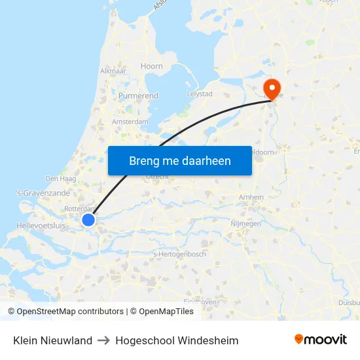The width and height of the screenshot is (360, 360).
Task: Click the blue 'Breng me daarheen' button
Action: pos(180,160)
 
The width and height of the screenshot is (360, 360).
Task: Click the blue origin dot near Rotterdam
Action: pos(88,221)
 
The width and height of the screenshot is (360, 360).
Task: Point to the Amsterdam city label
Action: pos(130,122)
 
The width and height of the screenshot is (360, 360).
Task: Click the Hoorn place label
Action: pos(152,66)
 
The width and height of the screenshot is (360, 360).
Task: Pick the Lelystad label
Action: pos(200,94)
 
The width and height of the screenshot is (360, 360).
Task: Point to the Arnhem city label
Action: pos(252,197)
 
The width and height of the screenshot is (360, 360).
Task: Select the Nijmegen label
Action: pos(246,223)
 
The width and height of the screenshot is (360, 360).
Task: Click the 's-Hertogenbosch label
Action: pos(179,254)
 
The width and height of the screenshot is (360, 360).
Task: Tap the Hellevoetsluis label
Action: pos(41,225)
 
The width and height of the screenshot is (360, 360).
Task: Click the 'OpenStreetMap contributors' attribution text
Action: pos(70,312)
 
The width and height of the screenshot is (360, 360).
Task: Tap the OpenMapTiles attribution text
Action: pos(166,312)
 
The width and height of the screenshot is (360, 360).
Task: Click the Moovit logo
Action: pos(320,340)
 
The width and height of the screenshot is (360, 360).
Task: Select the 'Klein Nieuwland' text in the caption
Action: pos(52,340)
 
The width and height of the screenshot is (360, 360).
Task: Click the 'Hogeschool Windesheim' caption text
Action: pos(177,340)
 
